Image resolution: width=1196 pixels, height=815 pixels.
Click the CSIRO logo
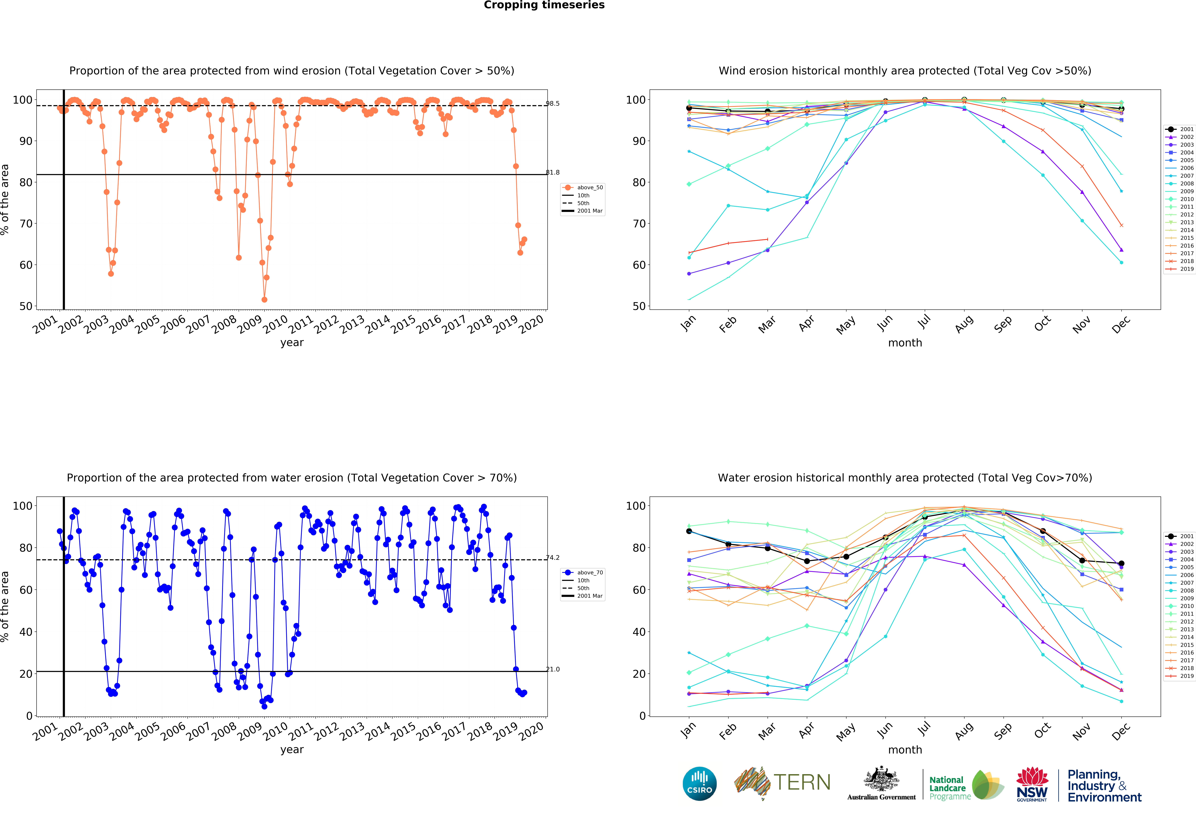(x=699, y=784)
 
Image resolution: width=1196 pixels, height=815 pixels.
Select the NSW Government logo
(x=1032, y=784)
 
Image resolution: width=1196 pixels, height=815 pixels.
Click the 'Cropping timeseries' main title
(x=544, y=5)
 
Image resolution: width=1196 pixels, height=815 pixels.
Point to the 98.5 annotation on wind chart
(x=553, y=103)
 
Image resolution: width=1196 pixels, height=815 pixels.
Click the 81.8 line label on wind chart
(x=553, y=172)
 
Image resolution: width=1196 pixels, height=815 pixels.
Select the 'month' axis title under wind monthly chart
(x=905, y=343)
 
